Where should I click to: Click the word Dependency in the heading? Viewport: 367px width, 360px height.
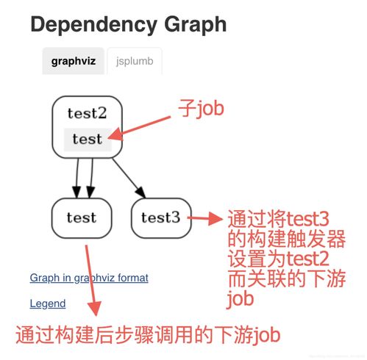(x=94, y=24)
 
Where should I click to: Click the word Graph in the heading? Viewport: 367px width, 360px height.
(x=196, y=24)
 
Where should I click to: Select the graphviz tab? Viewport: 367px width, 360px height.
(x=74, y=61)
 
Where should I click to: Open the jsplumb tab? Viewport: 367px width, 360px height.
(x=135, y=61)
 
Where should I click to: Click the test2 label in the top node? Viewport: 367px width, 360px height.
(x=87, y=113)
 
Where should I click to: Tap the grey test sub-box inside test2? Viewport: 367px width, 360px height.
(x=88, y=140)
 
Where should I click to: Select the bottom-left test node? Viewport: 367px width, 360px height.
(x=82, y=218)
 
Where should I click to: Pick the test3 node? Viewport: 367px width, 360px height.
(x=161, y=218)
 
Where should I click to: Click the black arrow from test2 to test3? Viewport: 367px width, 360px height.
(x=129, y=178)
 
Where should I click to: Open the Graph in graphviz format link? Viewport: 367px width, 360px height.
(x=89, y=278)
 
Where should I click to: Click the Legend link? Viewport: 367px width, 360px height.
(x=48, y=303)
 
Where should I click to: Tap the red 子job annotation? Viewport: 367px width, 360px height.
(x=201, y=109)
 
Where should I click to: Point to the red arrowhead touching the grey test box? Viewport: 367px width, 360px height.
(x=115, y=134)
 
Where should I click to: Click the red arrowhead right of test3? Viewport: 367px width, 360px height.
(x=215, y=218)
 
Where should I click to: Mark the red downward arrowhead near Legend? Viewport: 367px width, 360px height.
(x=94, y=309)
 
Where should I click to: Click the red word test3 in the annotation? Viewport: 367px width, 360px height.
(x=307, y=219)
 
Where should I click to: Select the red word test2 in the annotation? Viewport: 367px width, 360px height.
(x=307, y=259)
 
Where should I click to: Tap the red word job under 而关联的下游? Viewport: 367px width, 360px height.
(x=240, y=298)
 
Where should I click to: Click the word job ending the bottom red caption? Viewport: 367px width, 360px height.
(x=266, y=335)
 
